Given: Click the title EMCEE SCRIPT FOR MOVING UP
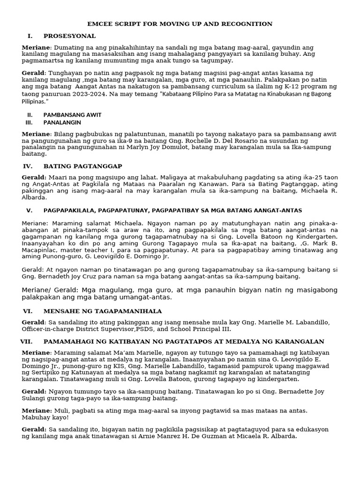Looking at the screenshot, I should (x=180, y=24).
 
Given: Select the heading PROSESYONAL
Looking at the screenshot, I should (x=69, y=36).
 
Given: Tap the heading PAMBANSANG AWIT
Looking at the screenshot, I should (x=72, y=115).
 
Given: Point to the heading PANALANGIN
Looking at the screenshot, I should (x=62, y=123).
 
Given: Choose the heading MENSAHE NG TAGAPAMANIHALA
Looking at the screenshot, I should (x=103, y=311).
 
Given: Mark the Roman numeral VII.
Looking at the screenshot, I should (x=26, y=342).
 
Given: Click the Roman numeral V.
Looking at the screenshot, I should (x=29, y=210).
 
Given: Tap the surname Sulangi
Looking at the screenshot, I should (x=35, y=398).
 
